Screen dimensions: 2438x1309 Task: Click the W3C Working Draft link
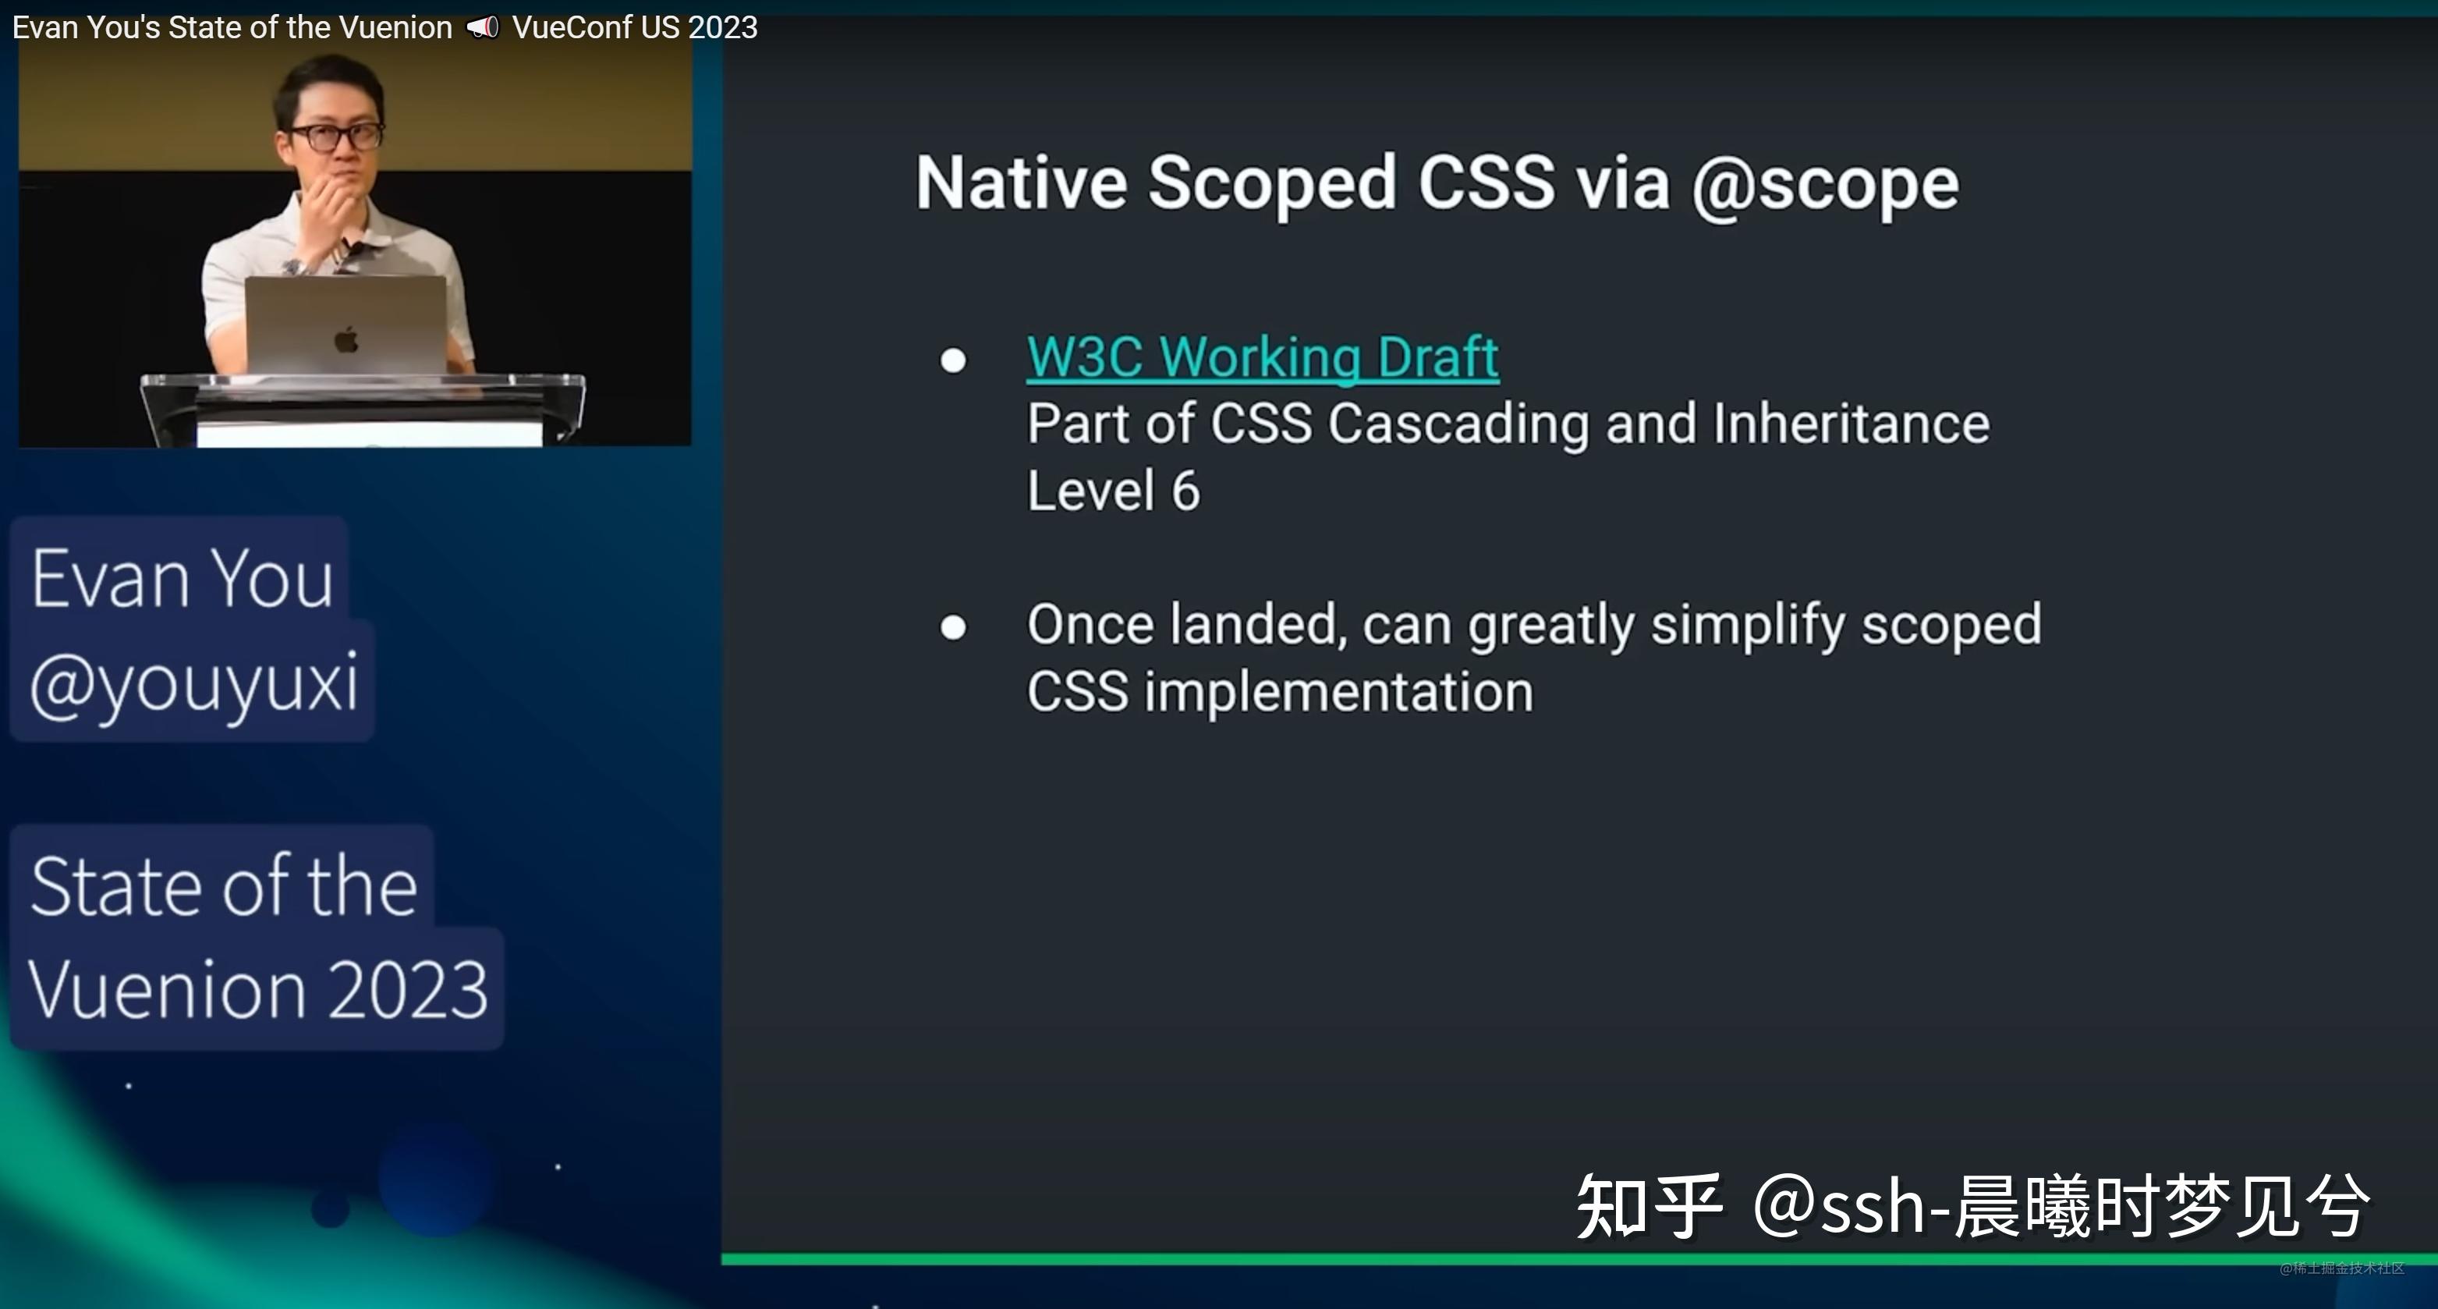click(1263, 358)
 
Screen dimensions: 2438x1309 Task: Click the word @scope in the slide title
click(1825, 186)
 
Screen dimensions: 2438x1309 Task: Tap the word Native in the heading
click(1021, 182)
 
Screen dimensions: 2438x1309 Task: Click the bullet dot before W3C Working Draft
click(953, 360)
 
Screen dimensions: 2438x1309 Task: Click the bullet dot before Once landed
click(953, 627)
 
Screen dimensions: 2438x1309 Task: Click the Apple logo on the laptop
click(346, 338)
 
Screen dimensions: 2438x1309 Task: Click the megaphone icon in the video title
click(483, 27)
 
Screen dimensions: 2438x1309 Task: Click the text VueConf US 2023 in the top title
click(635, 27)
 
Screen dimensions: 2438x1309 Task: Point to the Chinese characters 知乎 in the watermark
click(1649, 1206)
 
